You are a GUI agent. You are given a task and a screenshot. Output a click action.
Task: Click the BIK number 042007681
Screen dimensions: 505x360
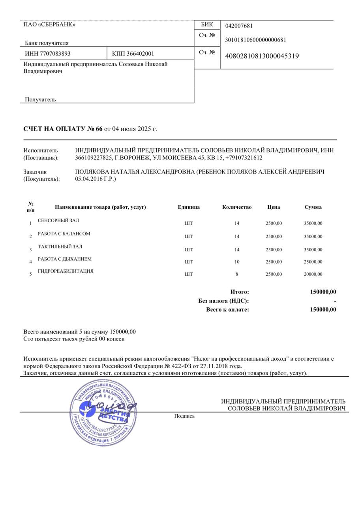tap(239, 26)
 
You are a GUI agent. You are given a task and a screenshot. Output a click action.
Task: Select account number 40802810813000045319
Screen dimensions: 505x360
tap(262, 56)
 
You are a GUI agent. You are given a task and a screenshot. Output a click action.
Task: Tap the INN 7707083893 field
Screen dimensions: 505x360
tap(48, 54)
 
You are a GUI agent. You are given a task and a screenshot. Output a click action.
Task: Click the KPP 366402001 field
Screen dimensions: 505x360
tap(133, 54)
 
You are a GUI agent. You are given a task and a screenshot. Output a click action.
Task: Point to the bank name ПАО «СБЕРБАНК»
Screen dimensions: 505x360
tap(49, 24)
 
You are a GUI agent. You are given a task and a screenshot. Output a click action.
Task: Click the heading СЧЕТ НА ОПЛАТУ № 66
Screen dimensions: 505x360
tap(63, 129)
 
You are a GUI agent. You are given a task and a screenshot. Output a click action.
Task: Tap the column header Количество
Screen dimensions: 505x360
tap(237, 207)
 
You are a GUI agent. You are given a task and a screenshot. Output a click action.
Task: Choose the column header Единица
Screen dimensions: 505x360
tap(189, 207)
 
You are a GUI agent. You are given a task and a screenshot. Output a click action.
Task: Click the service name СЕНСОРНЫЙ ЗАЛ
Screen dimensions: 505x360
tap(58, 221)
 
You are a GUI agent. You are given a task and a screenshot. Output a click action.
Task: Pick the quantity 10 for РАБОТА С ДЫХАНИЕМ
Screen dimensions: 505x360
tap(237, 262)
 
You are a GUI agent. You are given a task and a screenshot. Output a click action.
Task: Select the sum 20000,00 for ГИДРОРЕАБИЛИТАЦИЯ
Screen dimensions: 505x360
tap(313, 274)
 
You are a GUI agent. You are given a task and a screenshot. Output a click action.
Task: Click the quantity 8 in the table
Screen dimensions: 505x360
tap(237, 274)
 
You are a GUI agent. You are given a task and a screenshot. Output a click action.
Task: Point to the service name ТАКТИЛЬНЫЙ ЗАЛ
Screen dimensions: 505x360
tap(60, 247)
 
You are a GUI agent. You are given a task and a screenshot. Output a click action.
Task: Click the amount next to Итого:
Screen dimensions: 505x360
tap(323, 292)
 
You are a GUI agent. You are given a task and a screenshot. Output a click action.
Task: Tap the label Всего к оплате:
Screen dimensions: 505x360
tap(227, 310)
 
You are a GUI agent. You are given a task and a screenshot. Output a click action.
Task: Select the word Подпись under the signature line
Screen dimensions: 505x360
tap(184, 416)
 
